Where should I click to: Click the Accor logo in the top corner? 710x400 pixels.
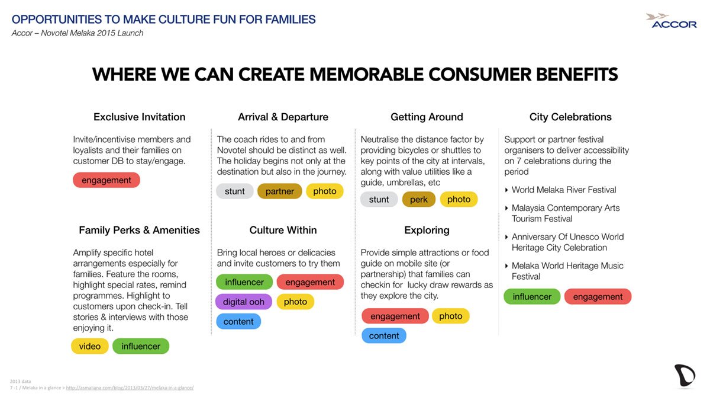point(671,21)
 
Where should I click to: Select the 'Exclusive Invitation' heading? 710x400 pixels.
point(139,117)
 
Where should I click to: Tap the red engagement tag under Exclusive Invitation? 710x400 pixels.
point(106,180)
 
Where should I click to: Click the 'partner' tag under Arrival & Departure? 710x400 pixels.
point(279,191)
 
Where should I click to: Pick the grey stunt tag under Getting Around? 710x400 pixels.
point(379,199)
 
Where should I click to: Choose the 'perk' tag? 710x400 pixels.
point(419,199)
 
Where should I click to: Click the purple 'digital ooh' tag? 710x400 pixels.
point(243,302)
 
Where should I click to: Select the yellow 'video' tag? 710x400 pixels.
point(90,346)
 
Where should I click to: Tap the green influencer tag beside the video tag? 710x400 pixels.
point(141,346)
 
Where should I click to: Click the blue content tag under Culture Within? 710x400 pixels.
point(238,322)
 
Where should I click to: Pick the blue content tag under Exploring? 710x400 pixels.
point(384,335)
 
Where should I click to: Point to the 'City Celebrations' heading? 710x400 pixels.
point(570,117)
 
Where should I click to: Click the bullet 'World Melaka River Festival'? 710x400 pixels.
point(564,190)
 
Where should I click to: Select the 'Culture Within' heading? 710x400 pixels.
point(283,230)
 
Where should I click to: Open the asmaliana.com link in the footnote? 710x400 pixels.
point(130,388)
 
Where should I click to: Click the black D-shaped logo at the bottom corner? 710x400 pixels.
point(685,376)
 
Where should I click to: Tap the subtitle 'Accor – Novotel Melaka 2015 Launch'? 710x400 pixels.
point(78,33)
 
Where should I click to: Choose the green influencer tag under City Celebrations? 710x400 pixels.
point(532,296)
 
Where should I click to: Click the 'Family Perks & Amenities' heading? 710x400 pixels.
point(139,230)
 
